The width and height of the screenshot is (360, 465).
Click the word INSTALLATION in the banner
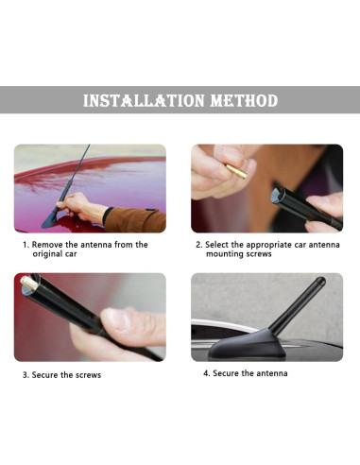(144, 100)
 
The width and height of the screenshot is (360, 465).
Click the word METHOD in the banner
(244, 100)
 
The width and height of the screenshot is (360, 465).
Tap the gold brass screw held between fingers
(236, 171)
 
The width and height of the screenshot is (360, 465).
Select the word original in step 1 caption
(47, 254)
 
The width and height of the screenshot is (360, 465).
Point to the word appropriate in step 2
(269, 245)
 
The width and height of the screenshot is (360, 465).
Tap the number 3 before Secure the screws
(26, 375)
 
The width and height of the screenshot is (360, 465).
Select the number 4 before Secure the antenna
(206, 373)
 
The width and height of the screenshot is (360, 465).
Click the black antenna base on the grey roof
(248, 345)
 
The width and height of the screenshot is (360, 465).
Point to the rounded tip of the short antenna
(321, 281)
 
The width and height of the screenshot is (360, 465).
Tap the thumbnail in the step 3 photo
(115, 319)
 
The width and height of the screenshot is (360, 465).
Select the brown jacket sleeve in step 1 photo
(136, 219)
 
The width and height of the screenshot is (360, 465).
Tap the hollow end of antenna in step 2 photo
(277, 195)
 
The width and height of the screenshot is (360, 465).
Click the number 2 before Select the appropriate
(198, 245)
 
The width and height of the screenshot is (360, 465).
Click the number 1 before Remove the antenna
(26, 245)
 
